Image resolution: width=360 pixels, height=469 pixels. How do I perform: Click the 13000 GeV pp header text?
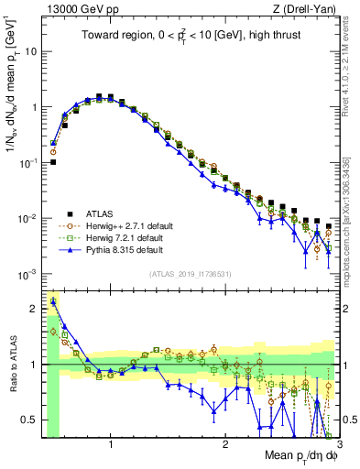[78, 10]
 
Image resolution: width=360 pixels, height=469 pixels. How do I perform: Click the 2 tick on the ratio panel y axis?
[35, 309]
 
